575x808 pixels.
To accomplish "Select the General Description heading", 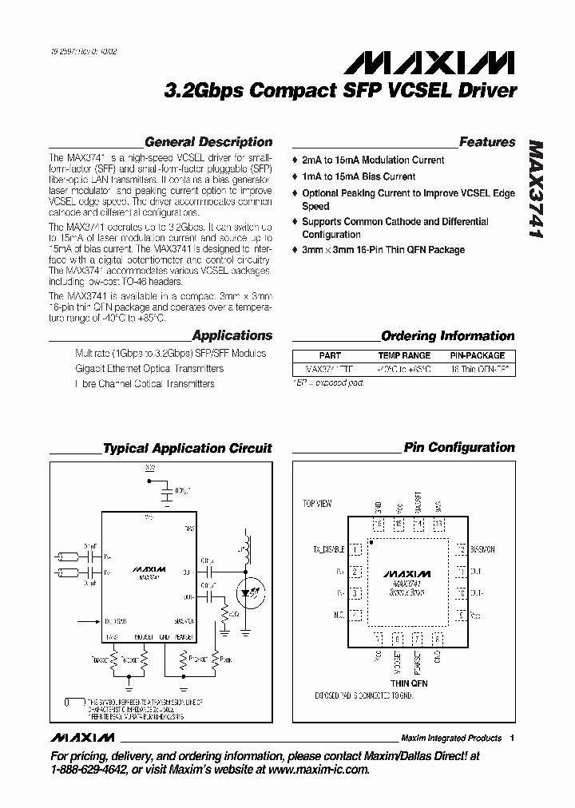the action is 208,142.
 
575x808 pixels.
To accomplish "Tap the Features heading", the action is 486,142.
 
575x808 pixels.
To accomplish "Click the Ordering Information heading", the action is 447,336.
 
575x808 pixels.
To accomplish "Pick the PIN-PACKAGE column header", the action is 478,355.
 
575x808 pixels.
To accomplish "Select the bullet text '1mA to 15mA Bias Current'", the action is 359,176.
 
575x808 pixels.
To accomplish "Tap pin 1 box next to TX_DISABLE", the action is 356,550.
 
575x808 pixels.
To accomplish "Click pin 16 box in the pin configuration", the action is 378,525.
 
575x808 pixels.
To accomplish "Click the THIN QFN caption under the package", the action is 408,683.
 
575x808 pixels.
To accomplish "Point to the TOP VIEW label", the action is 316,504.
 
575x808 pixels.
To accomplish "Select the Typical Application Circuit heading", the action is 188,449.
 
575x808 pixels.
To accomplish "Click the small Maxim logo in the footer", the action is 82,737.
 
